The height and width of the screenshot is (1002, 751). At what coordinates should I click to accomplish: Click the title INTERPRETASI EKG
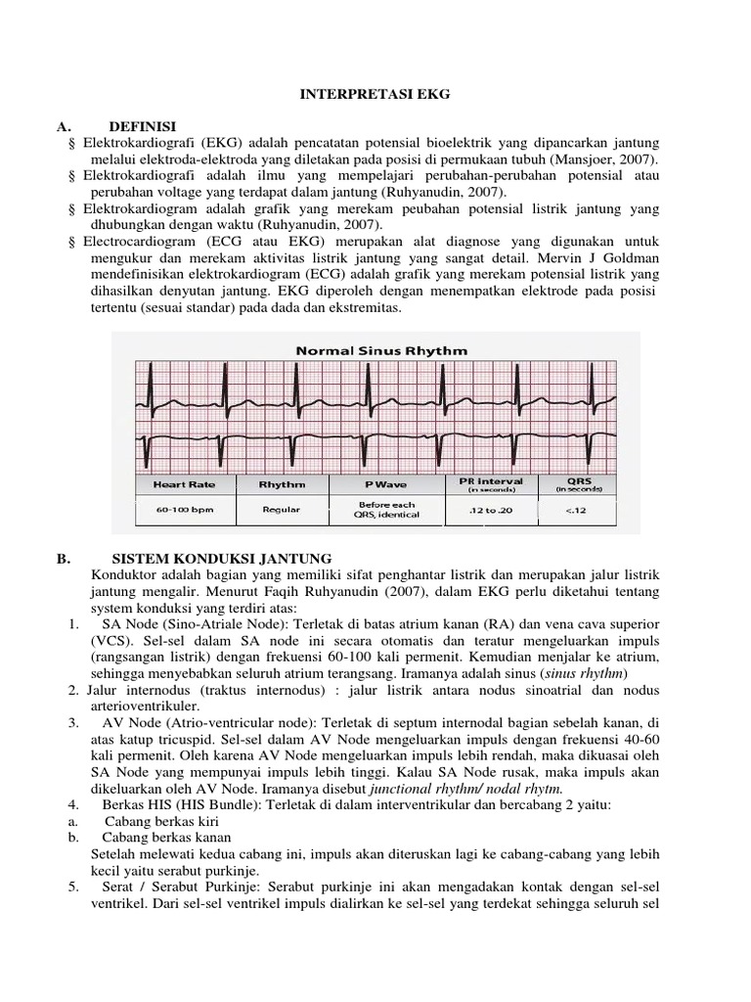tap(375, 96)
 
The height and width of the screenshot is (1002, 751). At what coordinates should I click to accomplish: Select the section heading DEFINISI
tap(142, 126)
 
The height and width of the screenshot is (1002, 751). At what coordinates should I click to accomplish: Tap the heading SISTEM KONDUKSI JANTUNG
tap(222, 559)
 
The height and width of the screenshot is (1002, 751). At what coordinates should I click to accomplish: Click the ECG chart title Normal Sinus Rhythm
tap(375, 349)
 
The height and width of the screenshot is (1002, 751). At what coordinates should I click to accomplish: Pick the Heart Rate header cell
tap(183, 484)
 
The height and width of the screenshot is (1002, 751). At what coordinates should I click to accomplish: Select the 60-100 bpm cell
tap(183, 509)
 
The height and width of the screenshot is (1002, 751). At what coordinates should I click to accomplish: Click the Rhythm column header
tap(282, 484)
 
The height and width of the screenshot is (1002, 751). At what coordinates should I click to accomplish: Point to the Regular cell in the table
tap(282, 509)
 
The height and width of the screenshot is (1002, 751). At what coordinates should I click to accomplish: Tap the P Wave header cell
tap(388, 484)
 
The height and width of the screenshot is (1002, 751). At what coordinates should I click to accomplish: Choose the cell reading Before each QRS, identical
tap(388, 509)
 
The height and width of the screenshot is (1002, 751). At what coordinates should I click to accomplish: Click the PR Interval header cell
tap(490, 484)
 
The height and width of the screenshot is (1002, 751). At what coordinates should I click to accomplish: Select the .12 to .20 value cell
tap(490, 509)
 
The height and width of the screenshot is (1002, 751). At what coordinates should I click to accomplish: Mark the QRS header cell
tap(579, 484)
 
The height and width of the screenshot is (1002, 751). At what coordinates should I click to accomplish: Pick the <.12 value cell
tap(579, 509)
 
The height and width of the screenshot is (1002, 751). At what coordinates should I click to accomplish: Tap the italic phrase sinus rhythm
tap(581, 675)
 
